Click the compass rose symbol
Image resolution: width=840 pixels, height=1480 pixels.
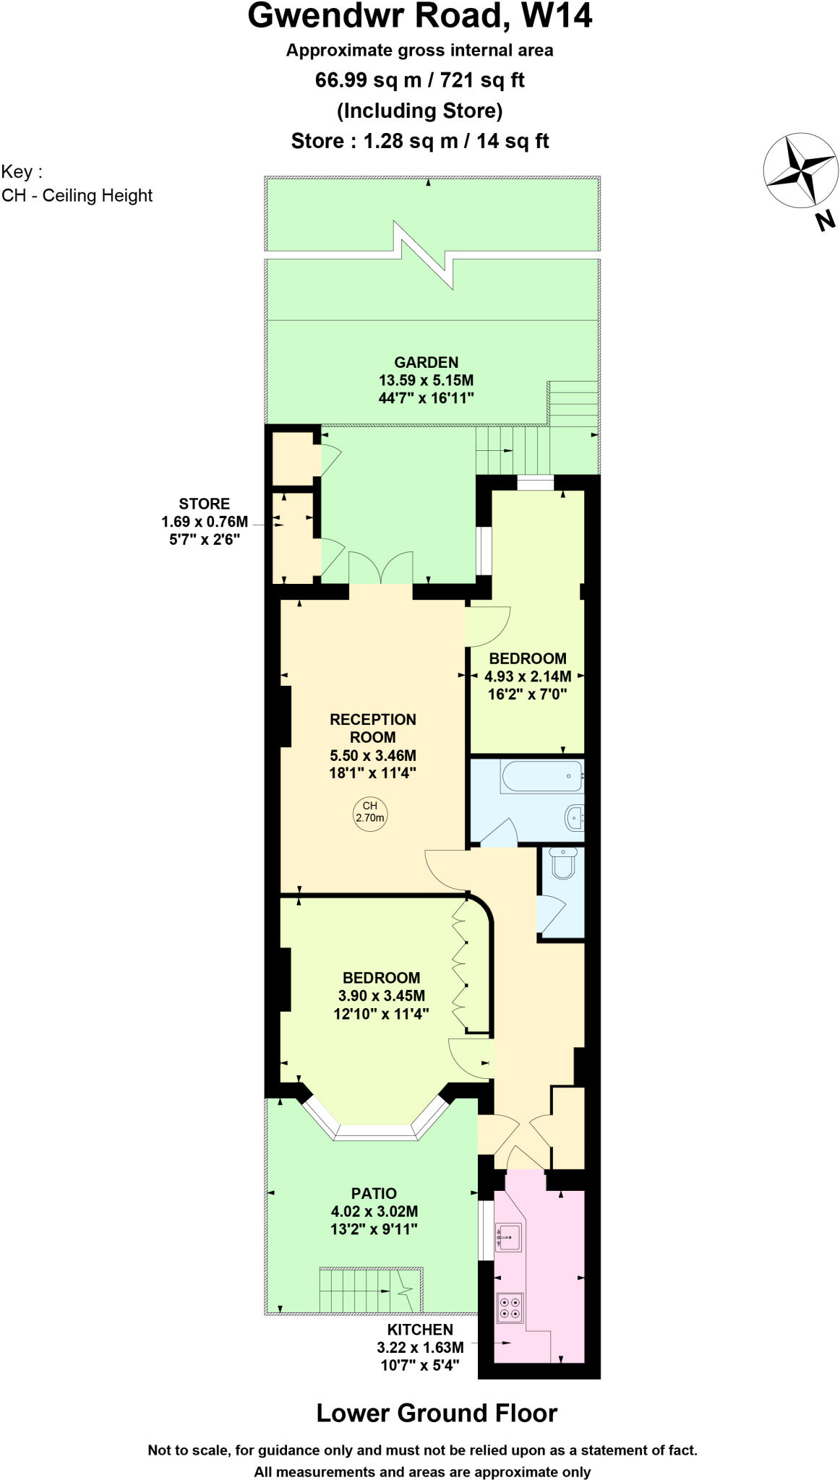point(801,171)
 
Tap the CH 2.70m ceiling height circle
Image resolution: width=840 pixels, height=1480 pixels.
point(369,812)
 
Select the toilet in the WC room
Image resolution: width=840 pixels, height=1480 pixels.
point(562,861)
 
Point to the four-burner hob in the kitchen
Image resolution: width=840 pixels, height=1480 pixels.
point(510,1307)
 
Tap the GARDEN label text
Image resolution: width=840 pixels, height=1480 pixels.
point(426,362)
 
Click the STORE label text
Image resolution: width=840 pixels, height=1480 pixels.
point(205,504)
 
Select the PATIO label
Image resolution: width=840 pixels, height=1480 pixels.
point(374,1193)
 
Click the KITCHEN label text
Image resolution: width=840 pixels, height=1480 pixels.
point(420,1329)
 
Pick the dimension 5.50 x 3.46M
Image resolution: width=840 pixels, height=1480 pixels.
point(372,755)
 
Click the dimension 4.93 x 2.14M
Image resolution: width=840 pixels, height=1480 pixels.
point(528,676)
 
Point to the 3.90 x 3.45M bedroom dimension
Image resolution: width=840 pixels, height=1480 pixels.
point(381,995)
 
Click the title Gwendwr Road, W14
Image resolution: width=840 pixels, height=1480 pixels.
point(419,16)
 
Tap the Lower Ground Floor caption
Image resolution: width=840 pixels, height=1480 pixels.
point(437,1413)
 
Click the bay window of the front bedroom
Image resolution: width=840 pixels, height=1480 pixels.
point(376,1132)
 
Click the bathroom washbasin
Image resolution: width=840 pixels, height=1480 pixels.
point(574,817)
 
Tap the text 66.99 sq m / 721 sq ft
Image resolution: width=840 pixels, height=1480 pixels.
point(419,79)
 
